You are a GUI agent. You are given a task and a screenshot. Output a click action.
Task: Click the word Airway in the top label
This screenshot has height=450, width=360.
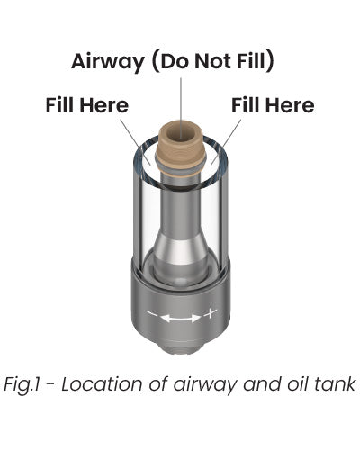click(x=108, y=62)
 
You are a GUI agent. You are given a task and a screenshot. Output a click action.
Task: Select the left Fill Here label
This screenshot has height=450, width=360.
click(x=87, y=105)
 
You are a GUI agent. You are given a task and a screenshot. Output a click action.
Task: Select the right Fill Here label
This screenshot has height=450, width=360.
click(x=273, y=105)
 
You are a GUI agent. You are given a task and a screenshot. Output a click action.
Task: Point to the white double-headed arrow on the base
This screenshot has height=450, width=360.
click(x=181, y=318)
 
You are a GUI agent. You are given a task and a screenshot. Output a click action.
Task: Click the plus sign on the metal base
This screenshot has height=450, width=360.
click(x=211, y=313)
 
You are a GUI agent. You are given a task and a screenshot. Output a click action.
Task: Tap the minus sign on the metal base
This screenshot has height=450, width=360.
click(x=152, y=314)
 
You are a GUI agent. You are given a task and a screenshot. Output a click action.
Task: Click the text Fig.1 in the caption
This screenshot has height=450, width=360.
click(x=22, y=384)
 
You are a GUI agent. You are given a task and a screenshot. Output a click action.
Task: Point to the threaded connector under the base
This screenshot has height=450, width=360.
click(x=180, y=348)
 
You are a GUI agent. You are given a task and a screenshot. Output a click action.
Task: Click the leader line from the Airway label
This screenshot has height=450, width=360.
click(x=181, y=108)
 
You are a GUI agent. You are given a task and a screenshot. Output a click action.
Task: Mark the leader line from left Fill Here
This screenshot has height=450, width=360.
click(x=135, y=142)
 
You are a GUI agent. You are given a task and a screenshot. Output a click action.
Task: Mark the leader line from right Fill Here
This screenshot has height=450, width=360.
click(x=226, y=142)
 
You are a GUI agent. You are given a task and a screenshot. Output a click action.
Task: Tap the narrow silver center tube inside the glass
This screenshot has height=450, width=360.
click(x=181, y=207)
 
